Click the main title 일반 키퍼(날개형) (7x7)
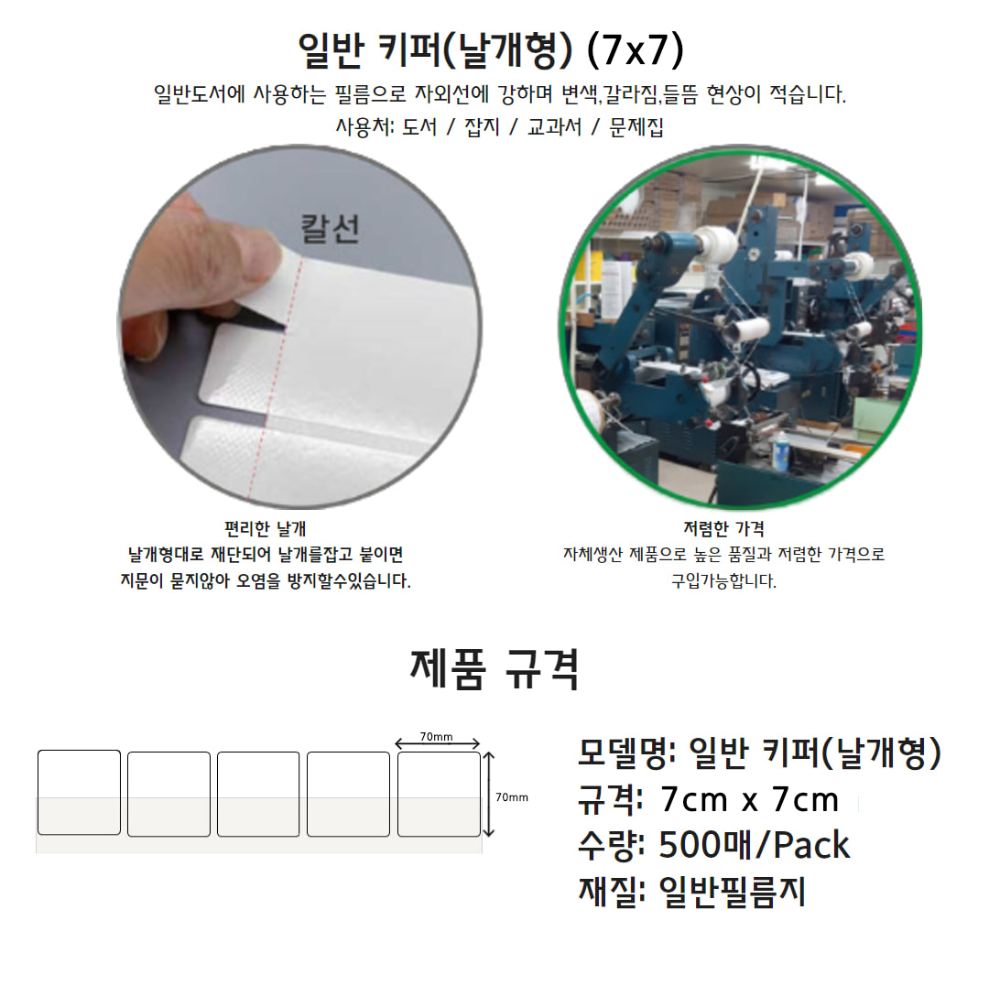(490, 49)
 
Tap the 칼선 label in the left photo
(330, 229)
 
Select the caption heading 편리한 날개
(266, 528)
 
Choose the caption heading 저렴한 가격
(723, 528)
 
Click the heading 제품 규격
(494, 670)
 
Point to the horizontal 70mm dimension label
(436, 737)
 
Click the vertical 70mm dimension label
(512, 797)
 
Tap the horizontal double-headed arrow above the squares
(438, 744)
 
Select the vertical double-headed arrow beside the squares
(489, 795)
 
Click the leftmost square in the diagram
(79, 793)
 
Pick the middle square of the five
(258, 795)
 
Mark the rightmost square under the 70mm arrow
(439, 795)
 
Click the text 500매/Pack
(755, 845)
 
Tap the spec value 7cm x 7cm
(749, 800)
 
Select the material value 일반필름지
(733, 892)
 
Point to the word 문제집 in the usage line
(636, 126)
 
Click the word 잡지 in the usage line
(482, 126)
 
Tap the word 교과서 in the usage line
(554, 126)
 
